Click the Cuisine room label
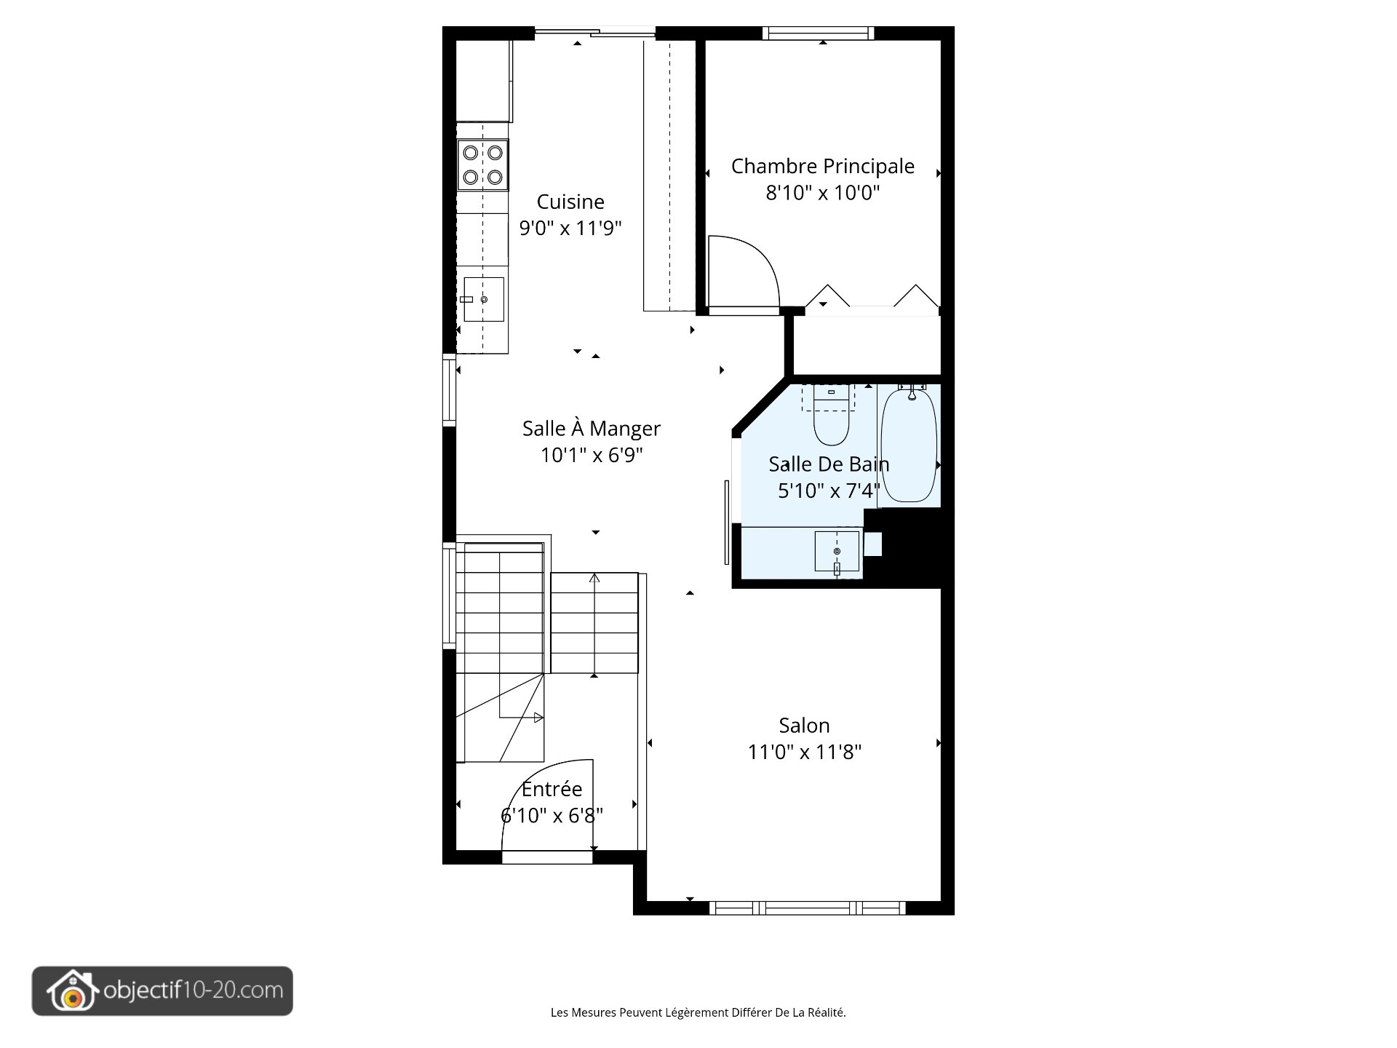570,202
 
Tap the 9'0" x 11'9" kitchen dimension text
570,229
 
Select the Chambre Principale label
822,166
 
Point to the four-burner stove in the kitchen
482,164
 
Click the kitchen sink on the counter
484,299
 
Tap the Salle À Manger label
591,429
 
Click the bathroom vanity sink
837,551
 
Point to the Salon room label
804,726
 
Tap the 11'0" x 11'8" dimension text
804,752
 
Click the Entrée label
552,789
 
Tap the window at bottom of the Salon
807,908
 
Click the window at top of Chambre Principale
818,33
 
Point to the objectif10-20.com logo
162,991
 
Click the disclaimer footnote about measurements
698,1012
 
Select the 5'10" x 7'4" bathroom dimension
829,491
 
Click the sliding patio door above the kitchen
595,33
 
